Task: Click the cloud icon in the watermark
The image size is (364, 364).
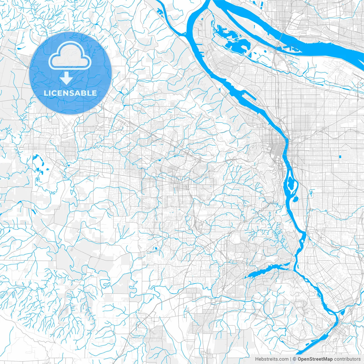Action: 70,55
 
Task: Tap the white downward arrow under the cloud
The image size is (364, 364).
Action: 67,78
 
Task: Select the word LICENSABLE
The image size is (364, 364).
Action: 70,93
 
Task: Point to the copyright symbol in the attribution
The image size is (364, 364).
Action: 295,359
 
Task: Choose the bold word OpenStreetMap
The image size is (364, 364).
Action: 315,359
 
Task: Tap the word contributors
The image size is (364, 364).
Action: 347,359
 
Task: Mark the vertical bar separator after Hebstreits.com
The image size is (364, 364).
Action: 291,359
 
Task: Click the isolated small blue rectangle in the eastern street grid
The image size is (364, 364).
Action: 340,157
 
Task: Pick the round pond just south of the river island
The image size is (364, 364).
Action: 294,199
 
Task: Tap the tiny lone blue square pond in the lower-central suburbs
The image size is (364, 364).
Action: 156,248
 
